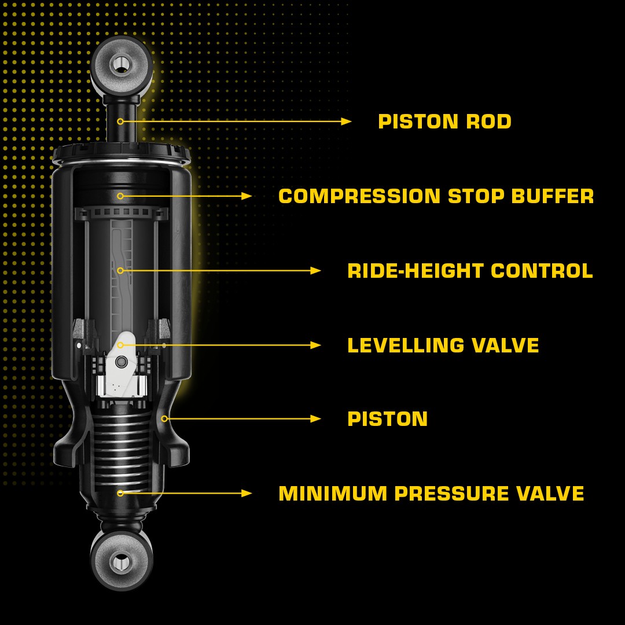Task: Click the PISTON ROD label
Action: [x=444, y=122]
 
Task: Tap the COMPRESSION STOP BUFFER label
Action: [x=436, y=196]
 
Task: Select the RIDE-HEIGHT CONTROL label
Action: [x=470, y=271]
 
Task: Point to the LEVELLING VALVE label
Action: [x=443, y=345]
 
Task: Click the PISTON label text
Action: [x=387, y=419]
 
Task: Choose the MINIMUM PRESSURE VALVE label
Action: [x=431, y=494]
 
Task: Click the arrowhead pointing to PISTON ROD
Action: [x=346, y=122]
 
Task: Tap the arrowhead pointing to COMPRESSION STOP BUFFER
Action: [x=247, y=196]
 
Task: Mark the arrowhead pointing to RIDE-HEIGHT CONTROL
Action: [x=316, y=271]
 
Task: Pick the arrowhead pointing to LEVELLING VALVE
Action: [x=316, y=345]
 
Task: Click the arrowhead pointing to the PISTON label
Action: [x=316, y=419]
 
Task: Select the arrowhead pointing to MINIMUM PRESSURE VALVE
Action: [x=247, y=494]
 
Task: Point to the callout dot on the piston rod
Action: [x=120, y=122]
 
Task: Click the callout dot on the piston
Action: [x=164, y=419]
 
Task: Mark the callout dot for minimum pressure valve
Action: [x=120, y=494]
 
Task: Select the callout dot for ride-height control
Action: [x=120, y=271]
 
